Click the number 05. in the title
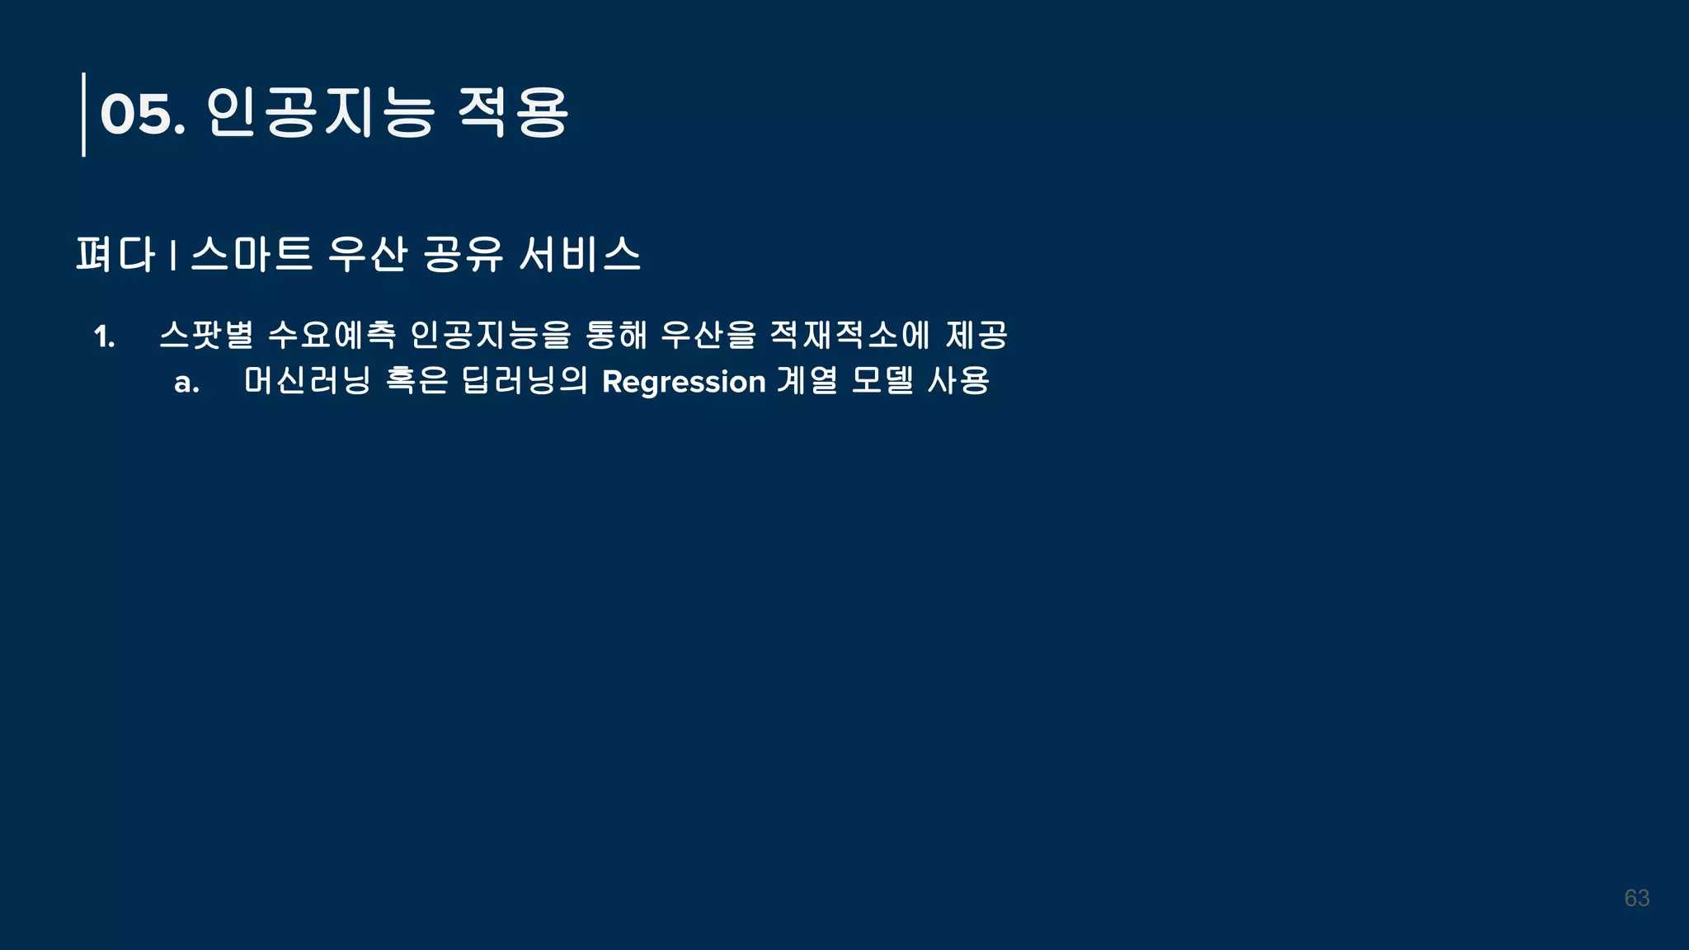pyautogui.click(x=142, y=114)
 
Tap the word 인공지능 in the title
pyautogui.click(x=320, y=112)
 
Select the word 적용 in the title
pyautogui.click(x=512, y=112)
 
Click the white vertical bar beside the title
pyautogui.click(x=83, y=114)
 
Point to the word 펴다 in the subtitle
pyautogui.click(x=115, y=253)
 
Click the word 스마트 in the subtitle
pyautogui.click(x=252, y=253)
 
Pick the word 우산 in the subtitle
pyautogui.click(x=368, y=253)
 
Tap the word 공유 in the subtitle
pyautogui.click(x=463, y=253)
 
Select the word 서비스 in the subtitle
pyautogui.click(x=580, y=253)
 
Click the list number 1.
pyautogui.click(x=104, y=336)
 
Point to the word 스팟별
pyautogui.click(x=206, y=335)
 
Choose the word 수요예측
pyautogui.click(x=332, y=335)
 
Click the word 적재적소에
pyautogui.click(x=849, y=335)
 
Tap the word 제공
pyautogui.click(x=976, y=335)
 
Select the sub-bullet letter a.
pyautogui.click(x=186, y=383)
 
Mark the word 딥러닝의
pyautogui.click(x=525, y=380)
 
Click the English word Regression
pyautogui.click(x=684, y=383)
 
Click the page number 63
pyautogui.click(x=1636, y=898)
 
